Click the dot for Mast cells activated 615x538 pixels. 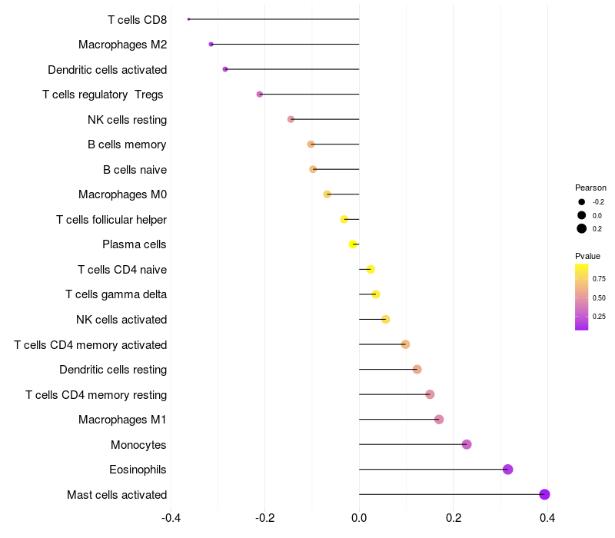pos(544,494)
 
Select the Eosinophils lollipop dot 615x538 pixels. pos(507,470)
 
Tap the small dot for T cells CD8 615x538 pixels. pos(188,19)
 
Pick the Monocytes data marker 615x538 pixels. pos(467,444)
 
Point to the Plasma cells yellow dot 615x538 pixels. pos(353,244)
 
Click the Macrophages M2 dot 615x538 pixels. pos(211,45)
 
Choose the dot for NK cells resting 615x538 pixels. pos(291,119)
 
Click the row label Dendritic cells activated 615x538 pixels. pos(108,70)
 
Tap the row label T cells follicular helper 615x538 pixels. pos(111,220)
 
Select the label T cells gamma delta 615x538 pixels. pos(116,294)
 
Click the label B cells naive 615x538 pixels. pos(135,170)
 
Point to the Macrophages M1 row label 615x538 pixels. pos(122,420)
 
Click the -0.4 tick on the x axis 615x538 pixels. pos(171,518)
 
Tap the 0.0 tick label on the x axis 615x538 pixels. pos(359,518)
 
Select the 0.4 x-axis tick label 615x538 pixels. pos(547,518)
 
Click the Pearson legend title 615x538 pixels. pos(590,188)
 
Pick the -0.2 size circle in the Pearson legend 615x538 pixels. pos(582,202)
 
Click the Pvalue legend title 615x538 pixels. pos(587,256)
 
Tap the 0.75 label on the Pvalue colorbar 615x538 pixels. pos(599,279)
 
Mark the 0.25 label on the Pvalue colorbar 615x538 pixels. pos(599,316)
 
